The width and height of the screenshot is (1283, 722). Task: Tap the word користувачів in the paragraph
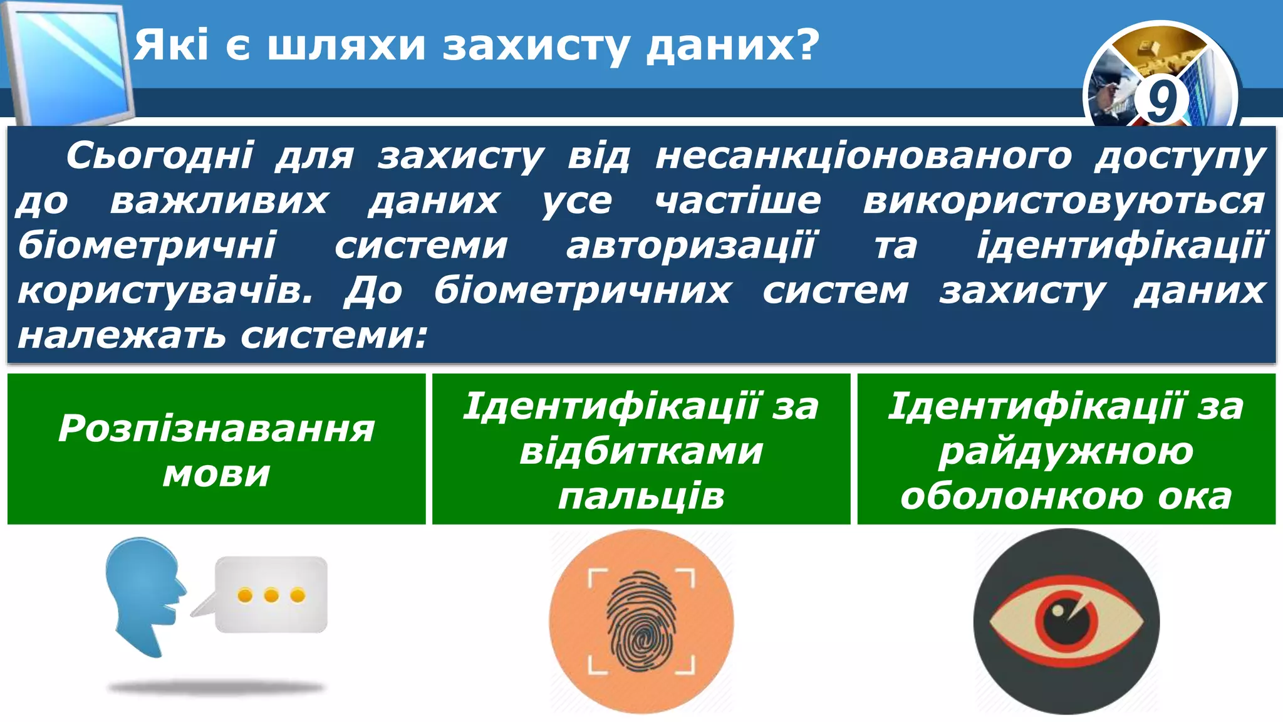tap(164, 290)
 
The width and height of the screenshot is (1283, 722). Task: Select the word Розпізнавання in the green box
tap(216, 429)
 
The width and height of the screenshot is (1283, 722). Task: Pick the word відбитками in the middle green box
tap(641, 451)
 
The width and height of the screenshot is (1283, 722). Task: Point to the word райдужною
tap(1066, 451)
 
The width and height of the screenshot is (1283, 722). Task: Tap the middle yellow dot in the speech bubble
tap(271, 595)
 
